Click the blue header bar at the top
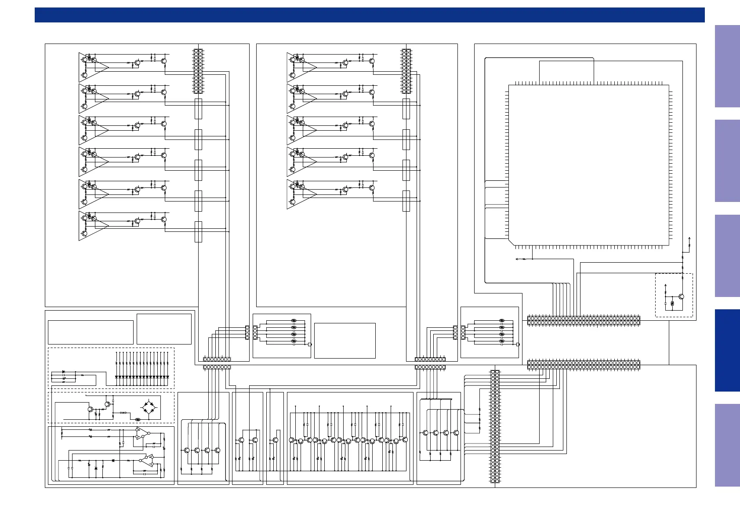(x=369, y=15)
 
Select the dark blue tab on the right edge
(x=727, y=350)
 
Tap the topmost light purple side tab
(x=727, y=66)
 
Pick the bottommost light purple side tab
(x=727, y=445)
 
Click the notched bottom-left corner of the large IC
(x=511, y=242)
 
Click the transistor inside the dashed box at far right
(x=681, y=297)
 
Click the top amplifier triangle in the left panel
(x=93, y=67)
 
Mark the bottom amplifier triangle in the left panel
(x=93, y=226)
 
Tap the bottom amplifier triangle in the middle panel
(x=301, y=194)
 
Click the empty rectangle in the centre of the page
(x=345, y=341)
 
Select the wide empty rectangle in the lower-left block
(x=91, y=332)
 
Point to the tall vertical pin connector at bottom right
(x=495, y=426)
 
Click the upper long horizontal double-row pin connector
(x=584, y=320)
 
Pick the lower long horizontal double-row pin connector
(x=584, y=365)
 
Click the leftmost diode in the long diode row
(x=116, y=377)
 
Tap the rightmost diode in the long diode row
(x=167, y=377)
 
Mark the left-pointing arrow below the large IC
(x=517, y=259)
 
